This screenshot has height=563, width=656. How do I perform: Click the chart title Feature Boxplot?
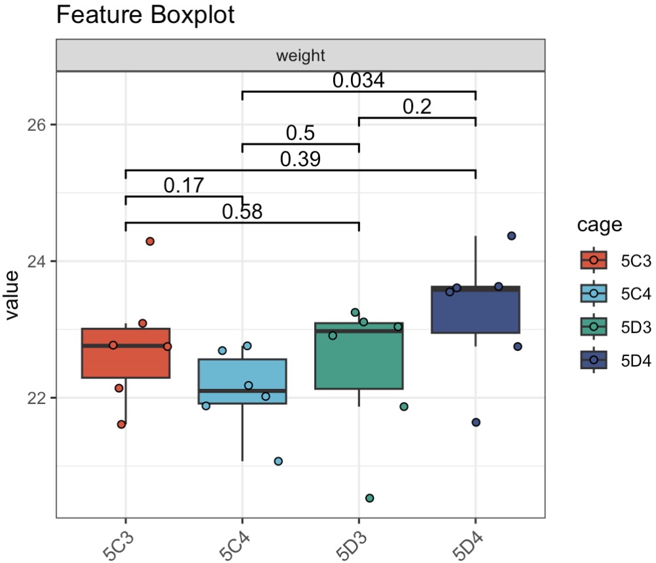(x=145, y=15)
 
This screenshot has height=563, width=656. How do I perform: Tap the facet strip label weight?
(x=301, y=56)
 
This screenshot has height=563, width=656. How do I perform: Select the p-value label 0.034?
(x=358, y=81)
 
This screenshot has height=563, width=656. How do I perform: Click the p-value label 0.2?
(x=417, y=107)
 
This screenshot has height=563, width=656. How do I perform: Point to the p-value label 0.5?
(x=301, y=133)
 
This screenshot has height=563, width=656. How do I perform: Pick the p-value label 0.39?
(x=301, y=159)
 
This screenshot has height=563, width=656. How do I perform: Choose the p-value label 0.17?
(x=184, y=186)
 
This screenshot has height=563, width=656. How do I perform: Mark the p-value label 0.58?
(x=242, y=211)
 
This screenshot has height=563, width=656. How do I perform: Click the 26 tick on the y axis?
(x=39, y=124)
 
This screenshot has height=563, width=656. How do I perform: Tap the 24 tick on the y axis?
(x=39, y=261)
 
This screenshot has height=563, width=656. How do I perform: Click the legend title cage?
(x=599, y=226)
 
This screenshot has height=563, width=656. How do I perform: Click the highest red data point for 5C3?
(x=150, y=242)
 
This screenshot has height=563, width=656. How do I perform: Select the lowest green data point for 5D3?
(x=369, y=498)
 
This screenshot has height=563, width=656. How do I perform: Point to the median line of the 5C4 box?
(x=242, y=391)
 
